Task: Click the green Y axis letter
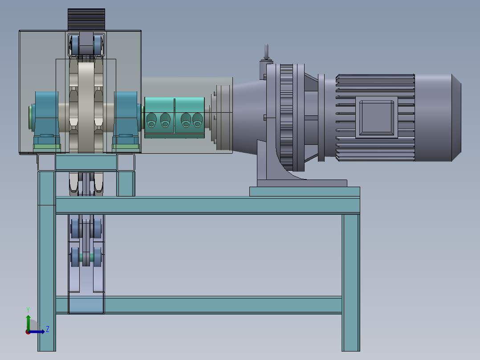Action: (28, 310)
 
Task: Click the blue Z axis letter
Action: (48, 329)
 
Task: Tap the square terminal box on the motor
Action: (377, 117)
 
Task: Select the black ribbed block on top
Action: (86, 20)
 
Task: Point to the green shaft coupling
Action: (175, 118)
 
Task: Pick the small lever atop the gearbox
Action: (266, 52)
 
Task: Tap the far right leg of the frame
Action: (351, 282)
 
